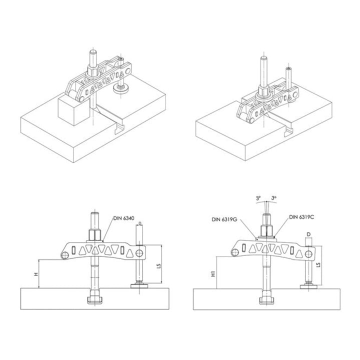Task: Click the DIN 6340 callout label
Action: pyautogui.click(x=123, y=218)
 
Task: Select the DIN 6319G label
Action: pyautogui.click(x=224, y=219)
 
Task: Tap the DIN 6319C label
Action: pyautogui.click(x=301, y=217)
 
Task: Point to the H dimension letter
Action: pyautogui.click(x=36, y=274)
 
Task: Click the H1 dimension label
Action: pyautogui.click(x=213, y=273)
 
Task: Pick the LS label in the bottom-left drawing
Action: pyautogui.click(x=158, y=266)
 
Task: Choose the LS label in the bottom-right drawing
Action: pyautogui.click(x=318, y=264)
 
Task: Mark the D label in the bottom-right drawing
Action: pyautogui.click(x=309, y=234)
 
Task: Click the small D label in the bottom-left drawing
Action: pyautogui.click(x=140, y=223)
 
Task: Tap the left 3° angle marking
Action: pyautogui.click(x=258, y=198)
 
